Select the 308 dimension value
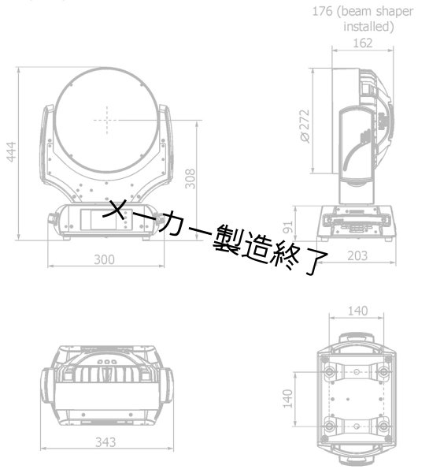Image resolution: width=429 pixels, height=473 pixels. (190, 180)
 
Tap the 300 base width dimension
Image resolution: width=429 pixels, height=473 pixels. (105, 259)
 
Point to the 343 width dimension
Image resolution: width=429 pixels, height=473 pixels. (105, 442)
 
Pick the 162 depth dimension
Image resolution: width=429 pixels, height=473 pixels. (363, 43)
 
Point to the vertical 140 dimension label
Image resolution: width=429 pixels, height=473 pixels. (288, 398)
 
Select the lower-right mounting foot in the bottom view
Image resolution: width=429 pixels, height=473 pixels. (383, 426)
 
